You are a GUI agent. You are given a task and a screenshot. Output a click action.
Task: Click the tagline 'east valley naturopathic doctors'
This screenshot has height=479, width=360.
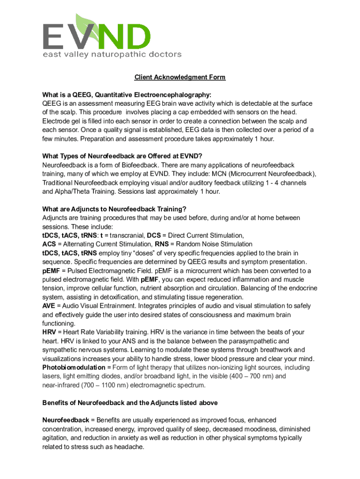tap(112, 54)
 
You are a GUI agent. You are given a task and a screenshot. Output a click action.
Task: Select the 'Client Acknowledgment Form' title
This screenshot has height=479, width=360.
tap(180, 77)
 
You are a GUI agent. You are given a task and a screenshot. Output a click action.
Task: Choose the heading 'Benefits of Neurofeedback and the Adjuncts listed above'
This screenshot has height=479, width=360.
tap(130, 403)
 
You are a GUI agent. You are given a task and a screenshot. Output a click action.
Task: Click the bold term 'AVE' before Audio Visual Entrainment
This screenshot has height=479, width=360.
tap(49, 306)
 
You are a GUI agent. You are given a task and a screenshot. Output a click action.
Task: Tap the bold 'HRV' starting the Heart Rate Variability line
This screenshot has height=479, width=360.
tap(50, 332)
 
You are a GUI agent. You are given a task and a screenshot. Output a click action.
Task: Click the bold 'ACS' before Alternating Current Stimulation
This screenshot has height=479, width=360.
tap(49, 244)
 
